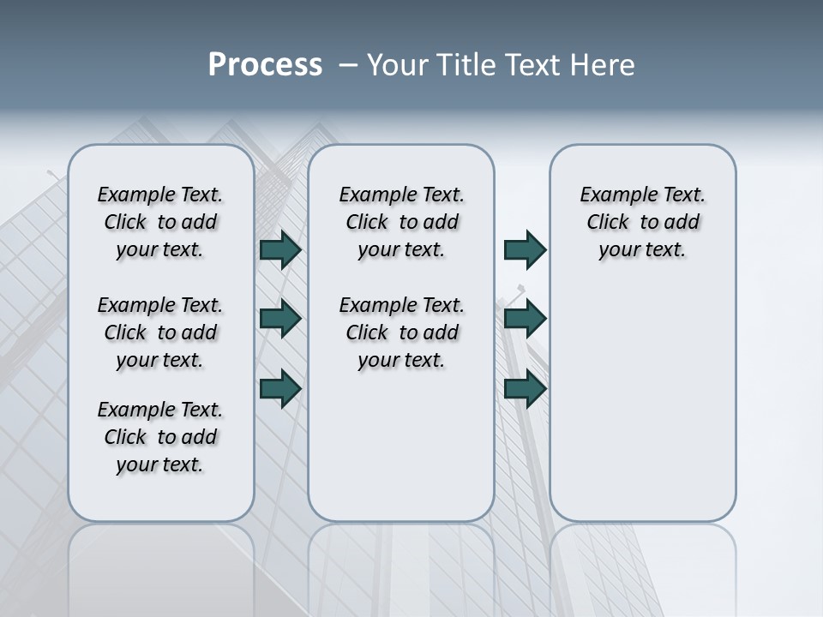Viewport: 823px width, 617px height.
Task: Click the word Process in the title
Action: pyautogui.click(x=265, y=65)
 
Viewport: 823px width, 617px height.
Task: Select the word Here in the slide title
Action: pyautogui.click(x=604, y=65)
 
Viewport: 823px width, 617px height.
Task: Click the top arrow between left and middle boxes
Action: pyautogui.click(x=280, y=249)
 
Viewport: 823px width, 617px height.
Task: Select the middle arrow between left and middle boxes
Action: pyautogui.click(x=280, y=319)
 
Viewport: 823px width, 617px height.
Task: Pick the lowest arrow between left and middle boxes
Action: pyautogui.click(x=280, y=388)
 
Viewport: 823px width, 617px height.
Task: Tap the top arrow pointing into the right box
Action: pyautogui.click(x=525, y=249)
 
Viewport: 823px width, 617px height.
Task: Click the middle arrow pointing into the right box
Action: pyautogui.click(x=525, y=319)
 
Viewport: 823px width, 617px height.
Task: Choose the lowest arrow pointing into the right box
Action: pyautogui.click(x=525, y=388)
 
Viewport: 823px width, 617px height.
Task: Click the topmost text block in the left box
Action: pyautogui.click(x=160, y=222)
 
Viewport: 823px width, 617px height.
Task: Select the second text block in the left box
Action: pyautogui.click(x=160, y=332)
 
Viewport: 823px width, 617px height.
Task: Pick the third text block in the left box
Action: pyautogui.click(x=160, y=437)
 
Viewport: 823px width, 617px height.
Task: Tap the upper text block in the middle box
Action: pyautogui.click(x=401, y=222)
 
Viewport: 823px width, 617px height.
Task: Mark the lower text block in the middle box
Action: pyautogui.click(x=401, y=332)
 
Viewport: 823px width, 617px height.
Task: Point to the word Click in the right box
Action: pyautogui.click(x=608, y=223)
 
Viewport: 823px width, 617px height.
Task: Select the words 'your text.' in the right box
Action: pyautogui.click(x=642, y=250)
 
